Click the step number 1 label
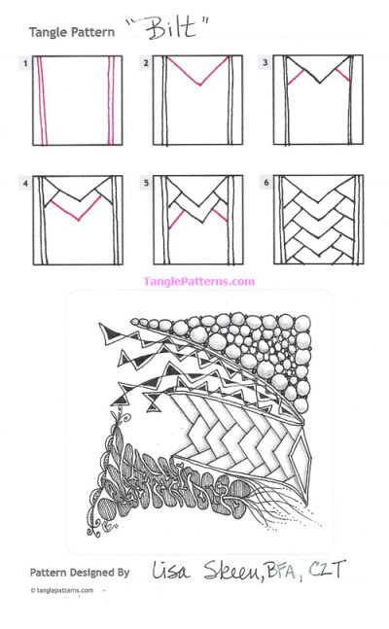(25, 63)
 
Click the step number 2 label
(145, 63)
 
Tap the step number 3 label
(265, 63)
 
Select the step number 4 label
(25, 182)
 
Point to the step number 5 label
(145, 182)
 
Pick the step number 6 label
(265, 182)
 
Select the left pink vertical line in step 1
(42, 101)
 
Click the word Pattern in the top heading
(92, 32)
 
